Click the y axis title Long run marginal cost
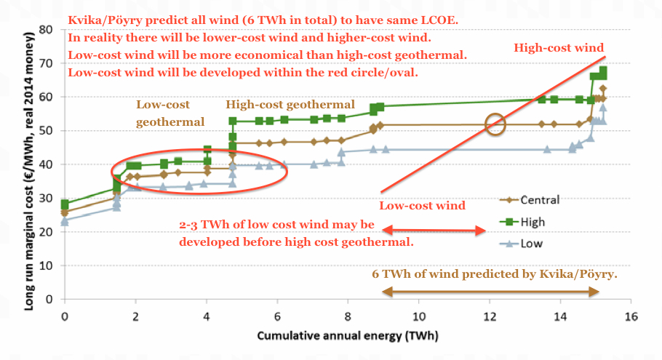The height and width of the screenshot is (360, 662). click(x=33, y=164)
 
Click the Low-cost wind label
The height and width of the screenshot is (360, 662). click(x=423, y=206)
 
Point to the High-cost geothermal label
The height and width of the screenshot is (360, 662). click(x=290, y=105)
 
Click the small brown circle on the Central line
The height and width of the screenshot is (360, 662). click(x=495, y=124)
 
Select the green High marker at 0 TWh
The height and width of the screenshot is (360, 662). click(x=65, y=205)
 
